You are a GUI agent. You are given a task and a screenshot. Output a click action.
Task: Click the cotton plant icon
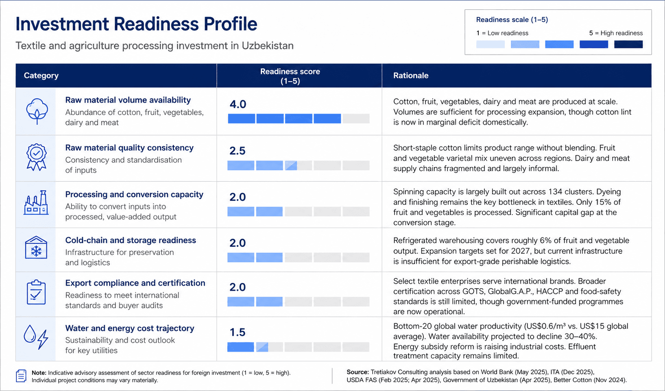(x=37, y=111)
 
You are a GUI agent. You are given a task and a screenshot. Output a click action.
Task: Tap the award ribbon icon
(x=37, y=157)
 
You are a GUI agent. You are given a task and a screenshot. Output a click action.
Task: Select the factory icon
(x=36, y=203)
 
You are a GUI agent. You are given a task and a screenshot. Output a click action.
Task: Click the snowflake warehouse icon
(x=36, y=248)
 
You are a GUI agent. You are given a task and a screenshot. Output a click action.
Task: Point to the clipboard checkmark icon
(x=36, y=292)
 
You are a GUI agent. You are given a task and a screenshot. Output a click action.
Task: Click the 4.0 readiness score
(x=238, y=104)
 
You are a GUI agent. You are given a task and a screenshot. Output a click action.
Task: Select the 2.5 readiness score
(x=238, y=151)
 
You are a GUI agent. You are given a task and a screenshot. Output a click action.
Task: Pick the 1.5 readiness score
(x=238, y=332)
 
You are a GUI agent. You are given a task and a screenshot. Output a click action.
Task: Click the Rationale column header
(x=411, y=76)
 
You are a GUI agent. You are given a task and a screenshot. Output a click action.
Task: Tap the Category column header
(x=41, y=76)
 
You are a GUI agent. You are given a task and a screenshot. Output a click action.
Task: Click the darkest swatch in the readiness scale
(x=628, y=44)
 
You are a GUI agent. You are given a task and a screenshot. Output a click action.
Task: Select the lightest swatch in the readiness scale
(x=491, y=44)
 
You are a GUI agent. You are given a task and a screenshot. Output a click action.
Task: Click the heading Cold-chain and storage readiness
(x=131, y=240)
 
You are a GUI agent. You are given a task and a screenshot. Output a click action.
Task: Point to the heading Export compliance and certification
(x=135, y=283)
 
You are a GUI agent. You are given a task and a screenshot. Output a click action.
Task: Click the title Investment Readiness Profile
(x=136, y=24)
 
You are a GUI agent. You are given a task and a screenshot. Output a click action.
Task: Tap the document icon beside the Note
(x=21, y=376)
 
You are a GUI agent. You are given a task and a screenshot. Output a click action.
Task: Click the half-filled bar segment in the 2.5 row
(x=291, y=165)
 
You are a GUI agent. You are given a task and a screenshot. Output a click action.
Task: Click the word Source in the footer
(x=357, y=372)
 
